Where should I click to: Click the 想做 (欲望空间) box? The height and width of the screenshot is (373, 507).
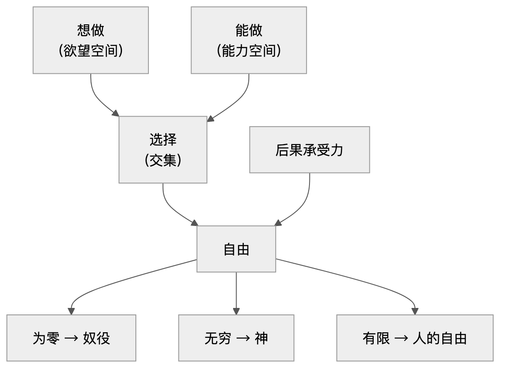pos(91,40)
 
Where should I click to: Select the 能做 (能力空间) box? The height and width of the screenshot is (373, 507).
pos(249,40)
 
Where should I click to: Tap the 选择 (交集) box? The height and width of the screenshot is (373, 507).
pos(163,150)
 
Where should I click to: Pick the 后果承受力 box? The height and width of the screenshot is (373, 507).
pos(309,150)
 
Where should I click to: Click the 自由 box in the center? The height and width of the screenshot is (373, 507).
pos(236,249)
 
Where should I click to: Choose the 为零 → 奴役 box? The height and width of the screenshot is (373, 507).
pos(71,338)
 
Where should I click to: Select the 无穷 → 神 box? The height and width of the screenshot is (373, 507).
pos(236,338)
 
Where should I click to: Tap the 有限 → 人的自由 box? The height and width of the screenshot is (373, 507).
pos(415,338)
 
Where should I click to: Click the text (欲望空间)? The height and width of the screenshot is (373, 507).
pos(91,51)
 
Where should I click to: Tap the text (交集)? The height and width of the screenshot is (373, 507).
pos(163,160)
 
